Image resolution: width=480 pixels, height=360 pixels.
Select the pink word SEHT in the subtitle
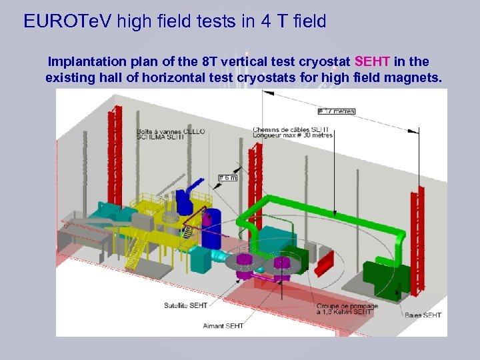pyautogui.click(x=373, y=62)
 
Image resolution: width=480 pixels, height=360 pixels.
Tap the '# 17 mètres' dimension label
pyautogui.click(x=337, y=111)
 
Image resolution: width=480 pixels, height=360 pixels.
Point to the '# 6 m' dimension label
pyautogui.click(x=228, y=177)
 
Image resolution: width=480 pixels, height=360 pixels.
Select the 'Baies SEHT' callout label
pyautogui.click(x=423, y=315)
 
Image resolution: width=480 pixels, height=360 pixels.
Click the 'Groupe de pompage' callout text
pyautogui.click(x=344, y=309)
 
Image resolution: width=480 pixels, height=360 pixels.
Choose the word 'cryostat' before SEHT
pyautogui.click(x=327, y=62)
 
